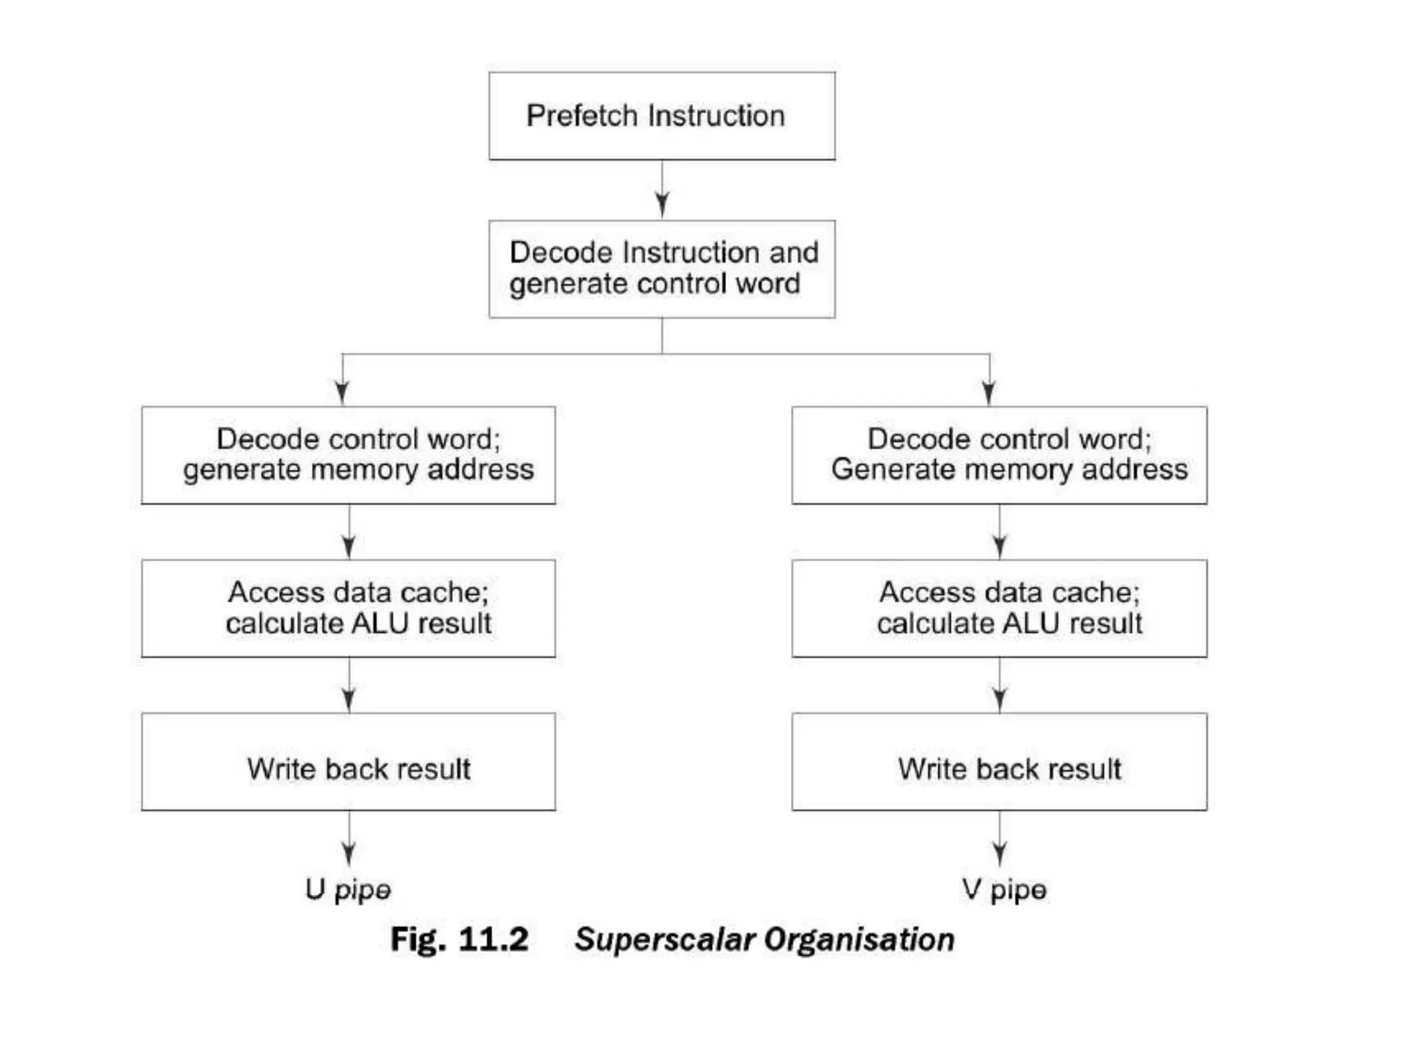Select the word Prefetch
click(x=582, y=116)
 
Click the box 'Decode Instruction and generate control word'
click(x=662, y=268)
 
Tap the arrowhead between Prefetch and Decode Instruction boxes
click(x=662, y=204)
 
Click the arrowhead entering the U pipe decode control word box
click(x=342, y=391)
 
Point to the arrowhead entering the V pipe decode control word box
click(x=988, y=391)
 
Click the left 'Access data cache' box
click(x=348, y=608)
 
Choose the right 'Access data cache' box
click(x=999, y=608)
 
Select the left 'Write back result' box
click(x=348, y=761)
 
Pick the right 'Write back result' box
click(x=999, y=761)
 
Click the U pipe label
click(x=348, y=890)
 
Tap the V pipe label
click(x=1003, y=890)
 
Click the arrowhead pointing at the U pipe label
click(x=349, y=853)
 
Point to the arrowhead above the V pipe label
click(x=999, y=853)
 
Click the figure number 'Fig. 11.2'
click(x=459, y=939)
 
